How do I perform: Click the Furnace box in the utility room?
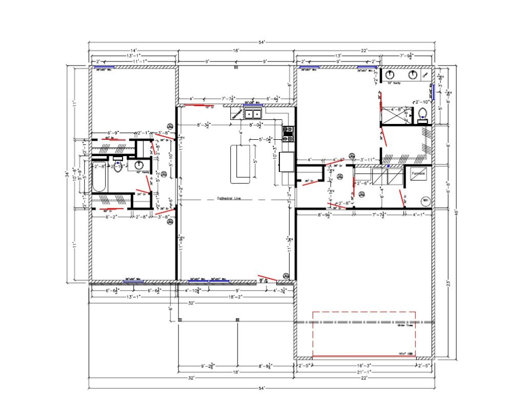click(x=417, y=174)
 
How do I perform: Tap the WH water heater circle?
click(x=425, y=200)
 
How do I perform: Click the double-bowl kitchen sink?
click(x=253, y=114)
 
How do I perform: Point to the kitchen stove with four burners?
click(x=288, y=134)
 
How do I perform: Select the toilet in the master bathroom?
click(x=423, y=114)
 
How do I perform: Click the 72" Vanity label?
click(x=394, y=83)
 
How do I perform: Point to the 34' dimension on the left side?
click(x=67, y=174)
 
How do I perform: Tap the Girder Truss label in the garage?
click(x=405, y=325)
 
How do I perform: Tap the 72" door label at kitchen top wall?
click(x=208, y=108)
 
